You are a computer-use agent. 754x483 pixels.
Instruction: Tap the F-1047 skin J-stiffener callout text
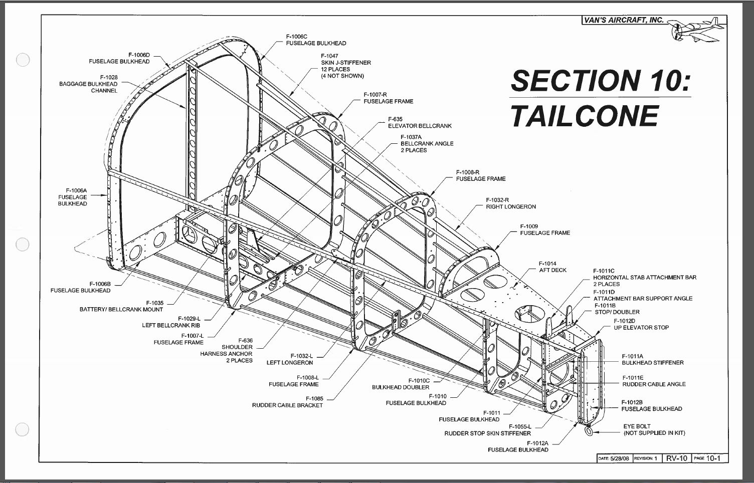point(346,66)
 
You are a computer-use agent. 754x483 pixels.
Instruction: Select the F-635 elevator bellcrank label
point(420,122)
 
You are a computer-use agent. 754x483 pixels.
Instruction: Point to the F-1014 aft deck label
point(552,267)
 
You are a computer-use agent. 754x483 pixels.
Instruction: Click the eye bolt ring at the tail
point(589,430)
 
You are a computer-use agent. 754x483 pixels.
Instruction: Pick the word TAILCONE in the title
point(585,116)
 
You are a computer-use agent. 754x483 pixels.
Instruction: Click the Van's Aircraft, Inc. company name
point(624,20)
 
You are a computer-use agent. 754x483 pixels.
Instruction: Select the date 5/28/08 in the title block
point(619,458)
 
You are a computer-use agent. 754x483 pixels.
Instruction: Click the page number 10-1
point(713,458)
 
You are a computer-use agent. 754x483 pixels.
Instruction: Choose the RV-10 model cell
point(677,458)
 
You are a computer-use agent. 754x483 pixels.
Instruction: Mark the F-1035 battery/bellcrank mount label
point(121,306)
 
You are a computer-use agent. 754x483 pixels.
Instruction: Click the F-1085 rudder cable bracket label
point(287,402)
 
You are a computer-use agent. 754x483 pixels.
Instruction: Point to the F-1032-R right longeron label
point(511,203)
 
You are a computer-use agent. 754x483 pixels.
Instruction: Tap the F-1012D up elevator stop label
point(641,324)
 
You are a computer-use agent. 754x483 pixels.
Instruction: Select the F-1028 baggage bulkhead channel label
point(88,84)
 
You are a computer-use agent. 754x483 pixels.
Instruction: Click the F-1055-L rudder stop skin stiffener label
point(488,430)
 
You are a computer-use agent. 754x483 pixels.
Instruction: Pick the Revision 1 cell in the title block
point(646,458)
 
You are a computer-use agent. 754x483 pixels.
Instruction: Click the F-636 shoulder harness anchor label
point(226,351)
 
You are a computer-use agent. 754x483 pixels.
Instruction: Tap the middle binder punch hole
point(23,244)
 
